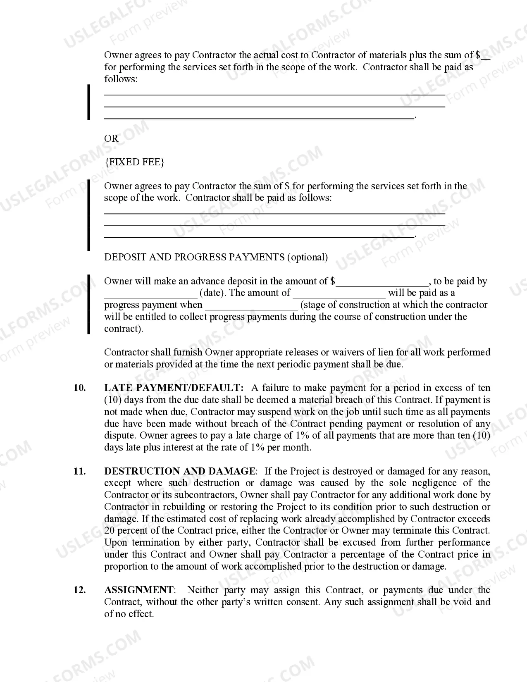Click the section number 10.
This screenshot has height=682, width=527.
(x=79, y=388)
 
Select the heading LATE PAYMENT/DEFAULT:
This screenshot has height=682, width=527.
(x=174, y=388)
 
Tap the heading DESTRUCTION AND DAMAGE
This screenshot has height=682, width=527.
(x=180, y=472)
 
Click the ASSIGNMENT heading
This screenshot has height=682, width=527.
(x=139, y=590)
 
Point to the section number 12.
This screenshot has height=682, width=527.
(x=79, y=590)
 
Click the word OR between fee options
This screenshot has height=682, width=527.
(x=111, y=138)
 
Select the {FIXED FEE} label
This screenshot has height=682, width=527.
(x=134, y=162)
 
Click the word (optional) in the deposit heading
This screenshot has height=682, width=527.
(x=308, y=258)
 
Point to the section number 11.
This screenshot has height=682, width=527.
(x=79, y=472)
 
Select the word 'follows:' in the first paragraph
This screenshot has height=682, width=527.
(x=121, y=79)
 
